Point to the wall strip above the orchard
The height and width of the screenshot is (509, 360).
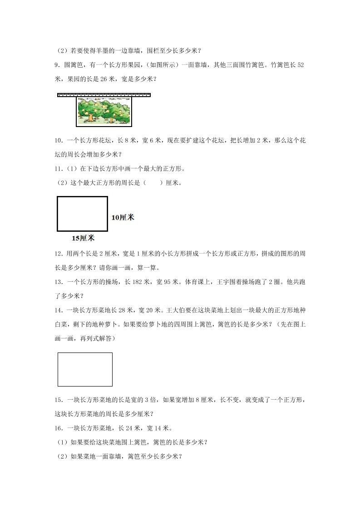104,95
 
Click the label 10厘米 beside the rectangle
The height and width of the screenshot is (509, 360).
123,217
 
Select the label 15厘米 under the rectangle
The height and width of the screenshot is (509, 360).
83,238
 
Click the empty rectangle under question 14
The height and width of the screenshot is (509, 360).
85,369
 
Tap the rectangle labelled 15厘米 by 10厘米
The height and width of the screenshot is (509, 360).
82,214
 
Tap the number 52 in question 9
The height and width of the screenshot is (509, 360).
300,65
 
